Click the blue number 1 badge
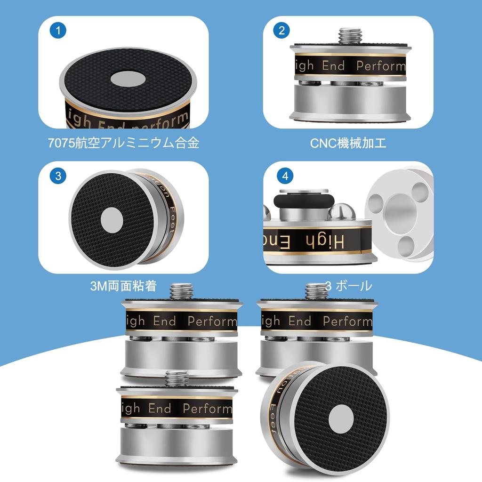click(58, 32)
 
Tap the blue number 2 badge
click(282, 32)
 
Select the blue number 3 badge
click(58, 177)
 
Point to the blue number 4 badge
click(285, 177)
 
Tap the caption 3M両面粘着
click(123, 286)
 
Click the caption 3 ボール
click(348, 286)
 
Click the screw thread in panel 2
click(350, 36)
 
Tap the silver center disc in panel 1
click(128, 79)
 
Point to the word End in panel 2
click(333, 66)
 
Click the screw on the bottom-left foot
click(177, 378)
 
